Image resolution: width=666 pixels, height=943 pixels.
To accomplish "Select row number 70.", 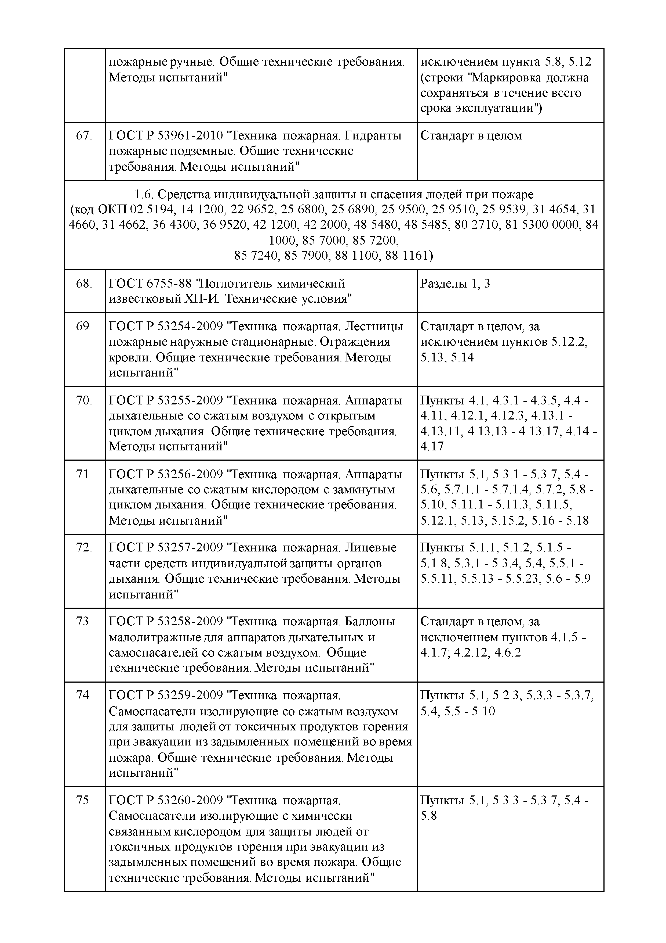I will coord(84,400).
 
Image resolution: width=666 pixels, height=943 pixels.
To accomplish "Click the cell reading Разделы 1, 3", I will coord(455,284).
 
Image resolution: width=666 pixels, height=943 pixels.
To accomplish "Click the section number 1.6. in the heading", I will coord(144,194).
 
